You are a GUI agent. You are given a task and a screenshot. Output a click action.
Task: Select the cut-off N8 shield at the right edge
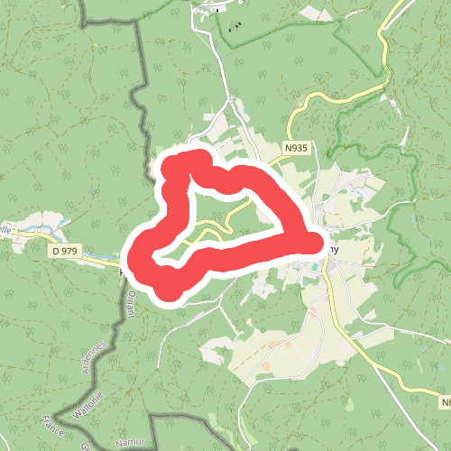(444, 400)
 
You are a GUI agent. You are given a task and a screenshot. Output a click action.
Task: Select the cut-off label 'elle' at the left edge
(6, 230)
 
